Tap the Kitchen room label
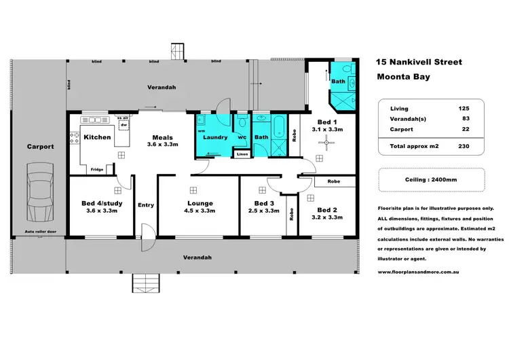click(x=97, y=137)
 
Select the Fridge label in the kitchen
click(x=98, y=169)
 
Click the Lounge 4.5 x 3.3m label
click(x=200, y=207)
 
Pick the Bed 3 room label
click(x=263, y=206)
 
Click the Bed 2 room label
click(x=327, y=213)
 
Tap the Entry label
click(x=146, y=205)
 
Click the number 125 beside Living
click(x=464, y=109)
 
